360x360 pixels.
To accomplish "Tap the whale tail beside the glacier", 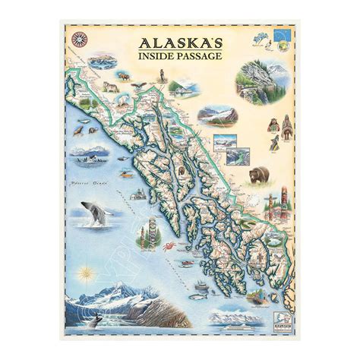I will pos(93,324).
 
